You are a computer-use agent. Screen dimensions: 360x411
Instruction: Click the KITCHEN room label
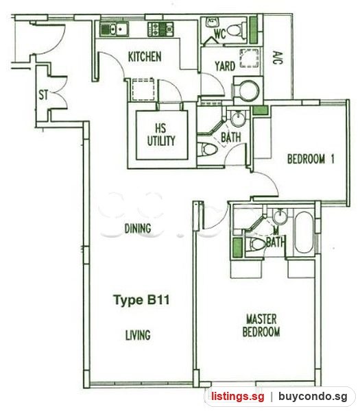(x=145, y=57)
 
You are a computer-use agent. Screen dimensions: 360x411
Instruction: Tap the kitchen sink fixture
(x=114, y=29)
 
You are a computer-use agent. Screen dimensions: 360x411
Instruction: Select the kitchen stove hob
(x=160, y=29)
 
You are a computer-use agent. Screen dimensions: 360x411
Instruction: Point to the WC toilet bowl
(x=237, y=30)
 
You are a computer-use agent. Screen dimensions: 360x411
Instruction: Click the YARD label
(x=225, y=66)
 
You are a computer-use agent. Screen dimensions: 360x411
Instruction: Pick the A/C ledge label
(x=278, y=58)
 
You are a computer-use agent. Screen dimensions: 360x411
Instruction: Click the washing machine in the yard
(x=248, y=90)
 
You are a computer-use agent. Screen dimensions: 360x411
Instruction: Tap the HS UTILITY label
(x=161, y=135)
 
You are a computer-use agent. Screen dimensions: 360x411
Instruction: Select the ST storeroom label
(x=43, y=95)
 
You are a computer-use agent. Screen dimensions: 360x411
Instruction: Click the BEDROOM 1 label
(x=311, y=159)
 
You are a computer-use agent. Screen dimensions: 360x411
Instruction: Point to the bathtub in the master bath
(x=304, y=232)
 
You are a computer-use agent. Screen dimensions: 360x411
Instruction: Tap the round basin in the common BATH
(x=238, y=119)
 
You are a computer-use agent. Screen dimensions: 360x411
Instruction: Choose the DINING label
(x=138, y=228)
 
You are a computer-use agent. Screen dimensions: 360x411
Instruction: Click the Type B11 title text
(x=141, y=299)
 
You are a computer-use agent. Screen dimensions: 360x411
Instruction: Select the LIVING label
(x=138, y=335)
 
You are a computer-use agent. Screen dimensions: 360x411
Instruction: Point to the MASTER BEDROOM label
(x=261, y=325)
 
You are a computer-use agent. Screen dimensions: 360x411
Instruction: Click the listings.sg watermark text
(x=238, y=396)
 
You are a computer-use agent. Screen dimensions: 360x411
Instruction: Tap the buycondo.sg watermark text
(x=313, y=396)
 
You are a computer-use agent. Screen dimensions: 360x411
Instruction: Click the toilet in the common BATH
(x=207, y=149)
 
